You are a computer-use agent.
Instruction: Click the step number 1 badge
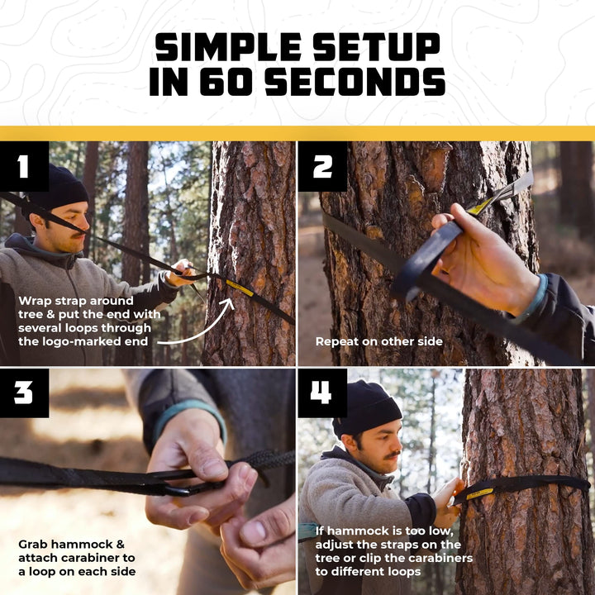22,167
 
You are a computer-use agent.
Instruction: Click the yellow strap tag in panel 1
240,288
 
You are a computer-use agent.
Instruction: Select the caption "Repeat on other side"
379,340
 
